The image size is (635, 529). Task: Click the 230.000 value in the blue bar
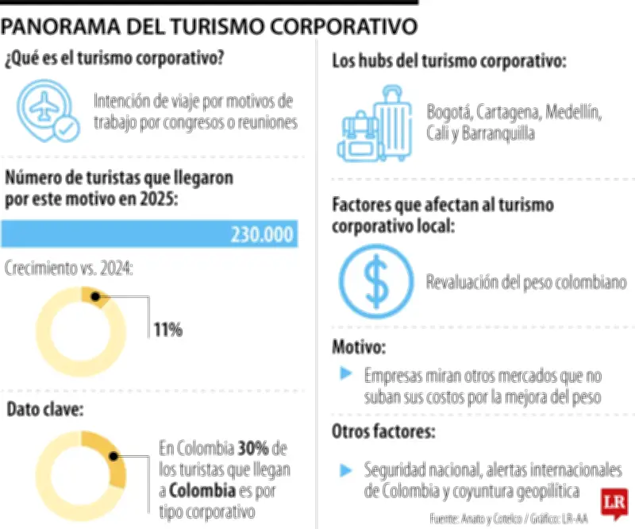pyautogui.click(x=262, y=235)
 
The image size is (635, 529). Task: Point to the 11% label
pyautogui.click(x=168, y=330)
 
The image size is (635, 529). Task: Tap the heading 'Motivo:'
pyautogui.click(x=359, y=347)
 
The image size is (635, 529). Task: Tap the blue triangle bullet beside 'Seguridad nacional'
pyautogui.click(x=344, y=470)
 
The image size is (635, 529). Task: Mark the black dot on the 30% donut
pyautogui.click(x=114, y=458)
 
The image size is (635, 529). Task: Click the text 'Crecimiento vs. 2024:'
pyautogui.click(x=69, y=268)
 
